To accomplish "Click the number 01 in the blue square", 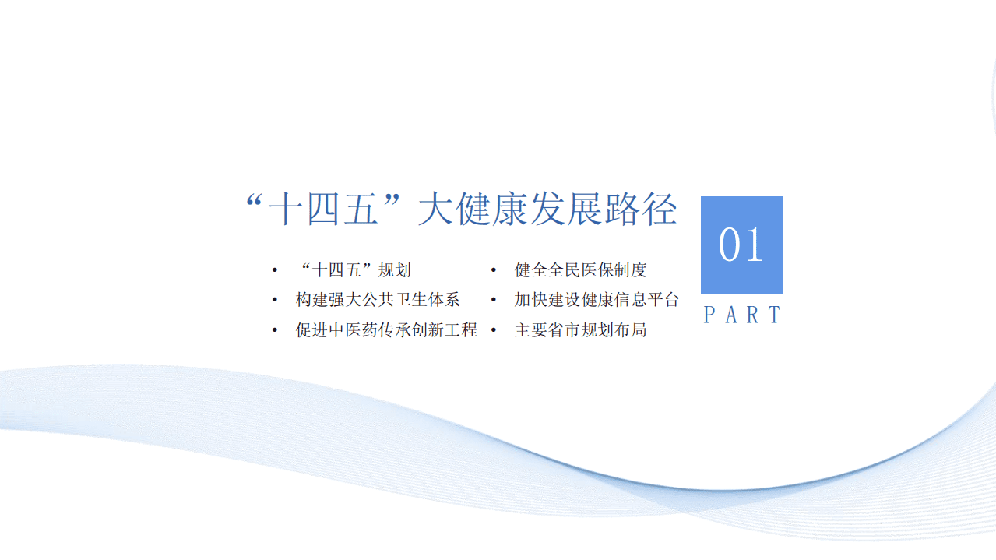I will point(741,245).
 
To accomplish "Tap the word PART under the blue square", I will point(741,315).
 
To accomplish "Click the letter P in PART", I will point(709,315).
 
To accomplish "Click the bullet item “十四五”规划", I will point(355,270).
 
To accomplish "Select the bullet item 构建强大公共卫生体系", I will point(378,300).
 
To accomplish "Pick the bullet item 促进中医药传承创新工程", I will point(386,329).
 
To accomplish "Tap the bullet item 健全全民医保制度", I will point(580,270).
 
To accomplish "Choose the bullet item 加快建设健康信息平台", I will point(597,300).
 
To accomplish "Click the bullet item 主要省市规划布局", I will point(580,329).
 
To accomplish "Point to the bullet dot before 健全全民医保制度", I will point(494,271).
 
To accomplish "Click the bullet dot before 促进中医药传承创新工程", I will point(274,330).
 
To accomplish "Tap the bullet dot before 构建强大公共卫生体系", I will point(274,301).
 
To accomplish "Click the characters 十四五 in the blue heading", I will point(323,210).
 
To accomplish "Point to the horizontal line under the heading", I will point(452,238).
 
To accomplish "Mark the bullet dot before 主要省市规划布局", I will point(494,330).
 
